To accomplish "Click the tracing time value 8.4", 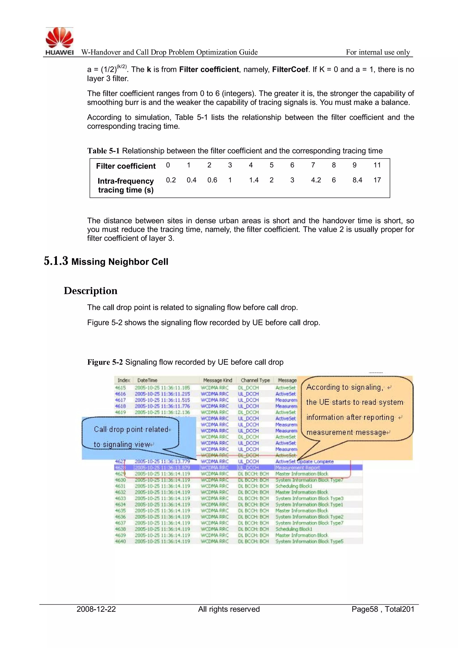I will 357,180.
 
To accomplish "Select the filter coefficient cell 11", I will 377,165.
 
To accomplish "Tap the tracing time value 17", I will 377,180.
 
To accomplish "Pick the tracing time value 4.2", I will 316,180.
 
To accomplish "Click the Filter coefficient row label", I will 125,166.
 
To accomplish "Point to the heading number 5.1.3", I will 56,261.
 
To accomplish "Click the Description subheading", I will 91,291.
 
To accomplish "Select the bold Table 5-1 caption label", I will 103,151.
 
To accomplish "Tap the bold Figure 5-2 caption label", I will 105,362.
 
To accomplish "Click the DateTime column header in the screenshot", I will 147,380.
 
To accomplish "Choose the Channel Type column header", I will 255,380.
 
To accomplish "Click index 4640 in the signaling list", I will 120,541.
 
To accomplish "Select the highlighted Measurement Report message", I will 297,468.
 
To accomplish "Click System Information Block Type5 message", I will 309,541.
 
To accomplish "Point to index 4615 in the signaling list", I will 120,388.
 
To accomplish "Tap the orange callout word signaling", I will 366,387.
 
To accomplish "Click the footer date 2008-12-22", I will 96,609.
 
